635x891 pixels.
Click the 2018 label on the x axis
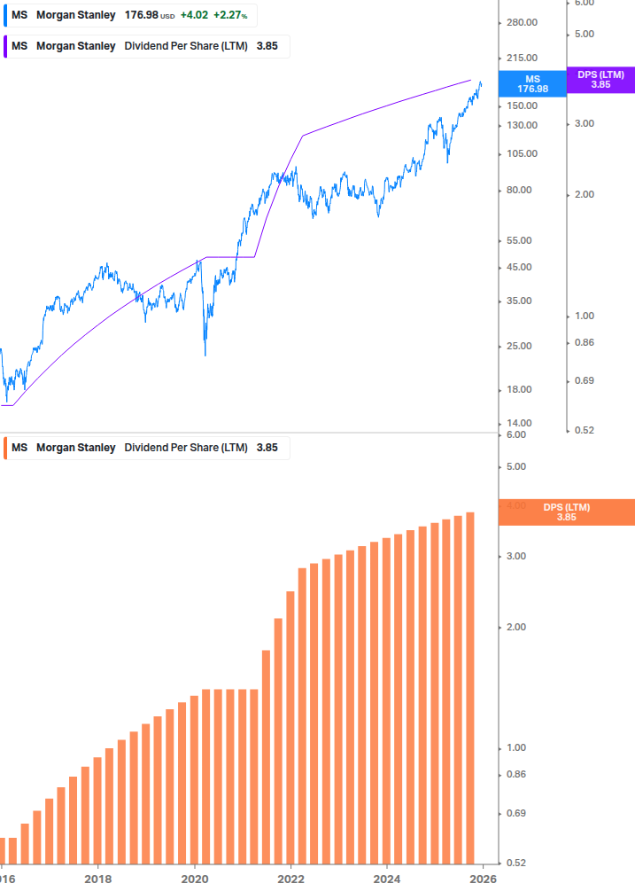point(98,879)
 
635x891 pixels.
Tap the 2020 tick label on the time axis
point(195,879)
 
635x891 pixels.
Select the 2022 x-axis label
point(290,879)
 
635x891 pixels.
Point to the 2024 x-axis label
point(387,879)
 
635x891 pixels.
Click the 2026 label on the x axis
point(483,879)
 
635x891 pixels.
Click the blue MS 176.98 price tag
point(532,83)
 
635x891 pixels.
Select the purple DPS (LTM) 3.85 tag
point(600,80)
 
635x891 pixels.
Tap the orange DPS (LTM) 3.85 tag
point(566,512)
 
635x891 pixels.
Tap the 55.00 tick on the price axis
point(522,240)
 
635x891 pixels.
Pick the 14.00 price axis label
point(522,423)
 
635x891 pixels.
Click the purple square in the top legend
point(6,46)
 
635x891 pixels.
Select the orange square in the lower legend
point(6,448)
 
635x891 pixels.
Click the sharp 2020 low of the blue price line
point(205,355)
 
